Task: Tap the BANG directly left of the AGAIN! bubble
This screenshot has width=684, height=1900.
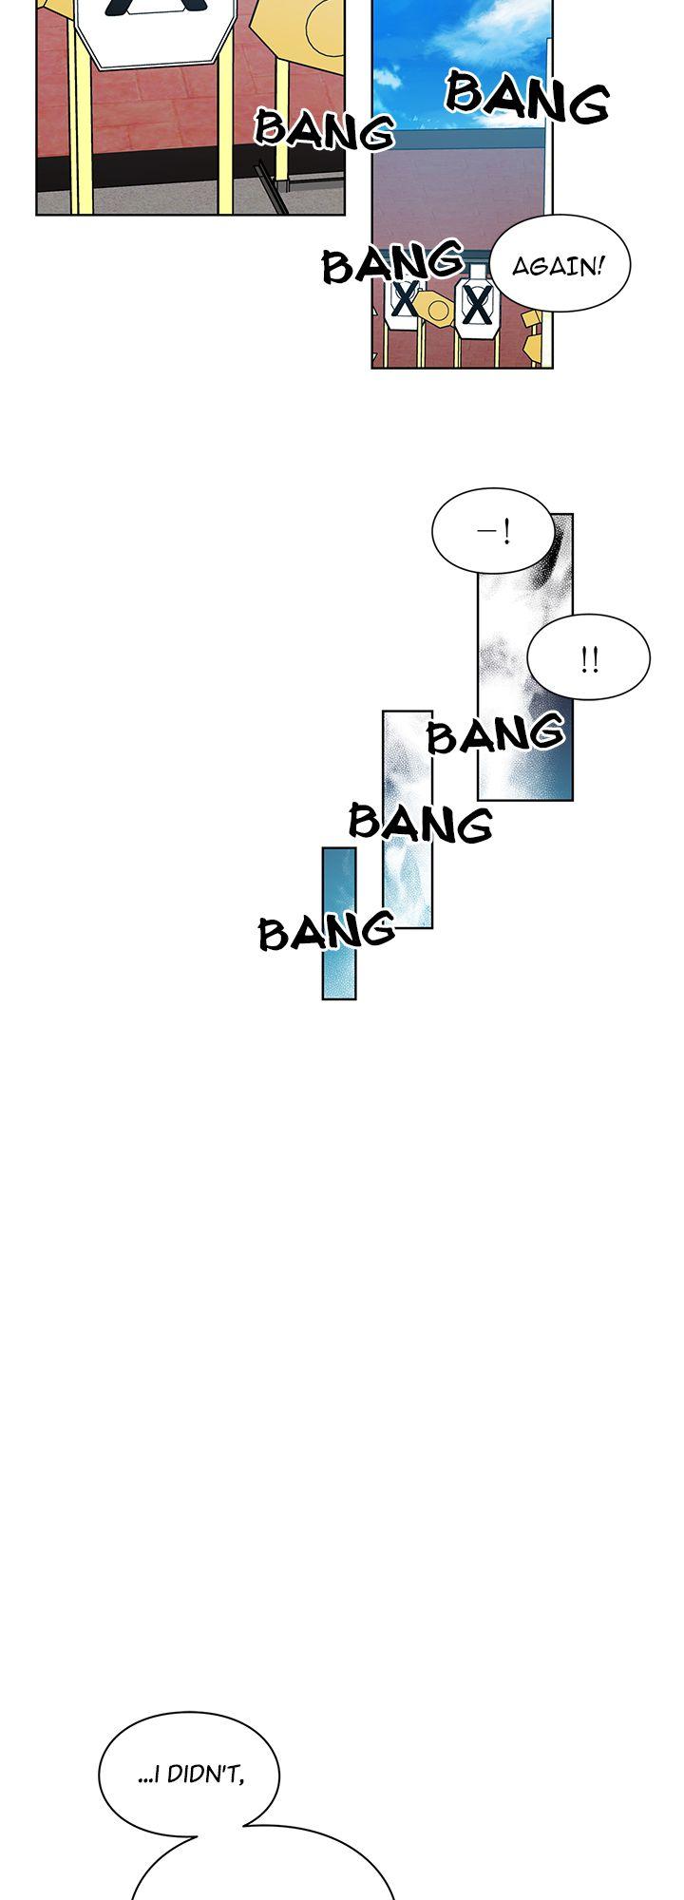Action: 393,263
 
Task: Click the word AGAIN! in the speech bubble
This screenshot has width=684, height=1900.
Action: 558,265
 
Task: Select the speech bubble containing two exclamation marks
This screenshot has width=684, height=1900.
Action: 589,657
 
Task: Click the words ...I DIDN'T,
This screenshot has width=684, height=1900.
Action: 191,1774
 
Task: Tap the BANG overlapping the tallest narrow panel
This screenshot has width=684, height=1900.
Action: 496,733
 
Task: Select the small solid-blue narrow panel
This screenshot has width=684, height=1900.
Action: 339,923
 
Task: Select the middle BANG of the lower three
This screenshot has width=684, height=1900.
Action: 421,822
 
